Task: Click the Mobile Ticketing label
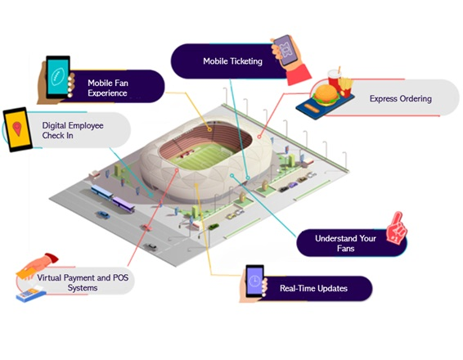click(232, 61)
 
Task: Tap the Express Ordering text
click(401, 99)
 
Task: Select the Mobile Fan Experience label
click(108, 88)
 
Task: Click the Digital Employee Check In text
click(73, 130)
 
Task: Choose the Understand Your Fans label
click(345, 243)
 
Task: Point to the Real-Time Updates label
click(313, 288)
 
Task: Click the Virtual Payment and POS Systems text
click(83, 282)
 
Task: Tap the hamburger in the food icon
click(326, 95)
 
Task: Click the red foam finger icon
click(397, 227)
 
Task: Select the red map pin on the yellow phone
click(17, 128)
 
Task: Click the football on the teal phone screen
click(57, 77)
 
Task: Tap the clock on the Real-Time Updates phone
click(254, 281)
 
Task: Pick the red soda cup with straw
click(335, 78)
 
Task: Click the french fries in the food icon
click(345, 87)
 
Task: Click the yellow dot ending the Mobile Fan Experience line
click(209, 129)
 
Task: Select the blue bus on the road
click(102, 192)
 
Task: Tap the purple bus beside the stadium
click(124, 205)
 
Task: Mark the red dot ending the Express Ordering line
click(259, 137)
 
